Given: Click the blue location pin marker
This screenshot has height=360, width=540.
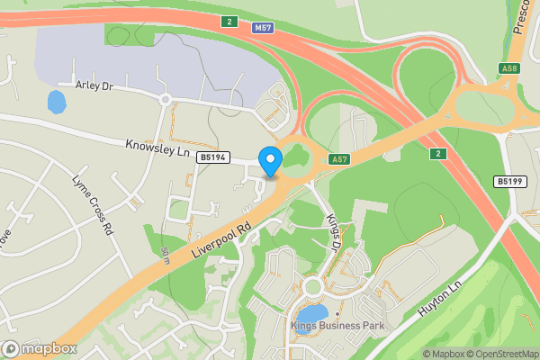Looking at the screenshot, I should point(270,162).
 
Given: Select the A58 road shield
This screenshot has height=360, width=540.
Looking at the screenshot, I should point(508,68).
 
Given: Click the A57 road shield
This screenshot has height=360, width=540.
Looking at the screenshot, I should point(339,159).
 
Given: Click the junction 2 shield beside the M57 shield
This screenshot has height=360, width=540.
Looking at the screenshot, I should point(231,21).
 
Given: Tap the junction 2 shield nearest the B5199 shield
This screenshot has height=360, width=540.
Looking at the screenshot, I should point(436,153).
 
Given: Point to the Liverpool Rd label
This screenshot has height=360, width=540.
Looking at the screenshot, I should point(220,237).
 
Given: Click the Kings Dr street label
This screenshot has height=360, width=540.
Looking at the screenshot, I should point(334,232).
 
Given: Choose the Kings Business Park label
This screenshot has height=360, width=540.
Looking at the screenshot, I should point(337,325).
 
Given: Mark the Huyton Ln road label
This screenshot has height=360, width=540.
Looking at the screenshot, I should point(440,298).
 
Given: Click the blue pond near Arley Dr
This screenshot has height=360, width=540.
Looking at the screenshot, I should point(57,102).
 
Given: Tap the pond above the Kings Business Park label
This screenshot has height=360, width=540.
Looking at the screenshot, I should point(306,322).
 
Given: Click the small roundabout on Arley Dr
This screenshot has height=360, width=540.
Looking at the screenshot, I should point(165,99).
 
